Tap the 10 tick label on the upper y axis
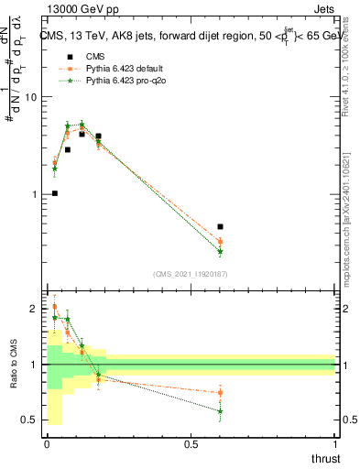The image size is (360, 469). click(28, 97)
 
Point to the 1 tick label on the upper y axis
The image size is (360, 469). click(32, 194)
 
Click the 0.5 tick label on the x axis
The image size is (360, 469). click(191, 444)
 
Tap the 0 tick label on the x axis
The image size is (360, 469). click(47, 444)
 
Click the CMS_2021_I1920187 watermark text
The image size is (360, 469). click(191, 274)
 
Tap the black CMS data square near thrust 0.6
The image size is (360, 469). click(220, 226)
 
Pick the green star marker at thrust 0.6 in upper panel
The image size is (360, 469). click(220, 251)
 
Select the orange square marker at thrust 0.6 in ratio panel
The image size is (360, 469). click(220, 393)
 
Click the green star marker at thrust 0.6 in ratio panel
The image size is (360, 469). click(220, 411)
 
